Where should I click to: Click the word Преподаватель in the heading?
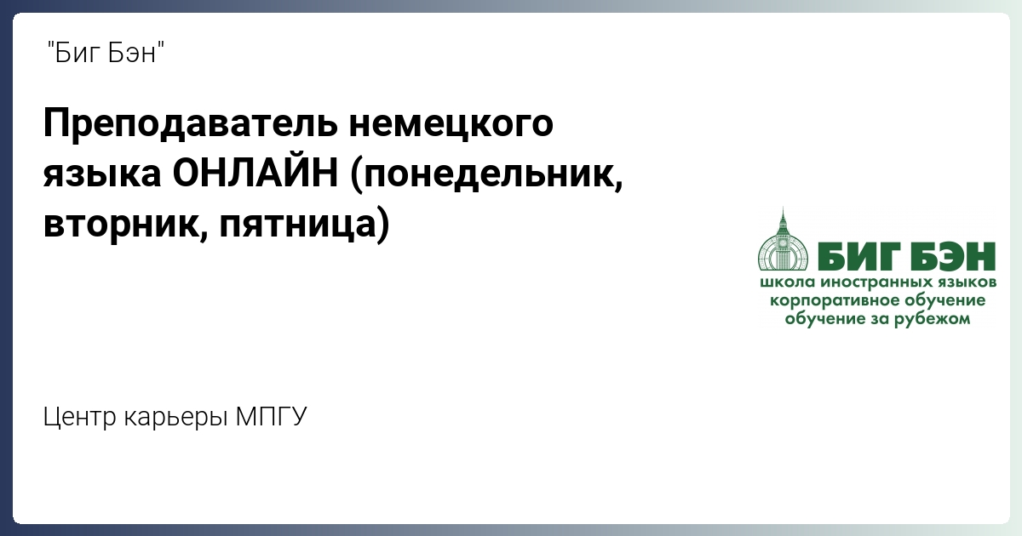tap(191, 123)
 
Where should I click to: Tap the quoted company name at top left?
tap(106, 53)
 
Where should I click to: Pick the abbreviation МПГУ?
tap(271, 416)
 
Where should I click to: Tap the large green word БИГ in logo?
tap(858, 257)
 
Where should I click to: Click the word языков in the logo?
tap(967, 283)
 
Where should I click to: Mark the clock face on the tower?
tap(783, 243)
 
